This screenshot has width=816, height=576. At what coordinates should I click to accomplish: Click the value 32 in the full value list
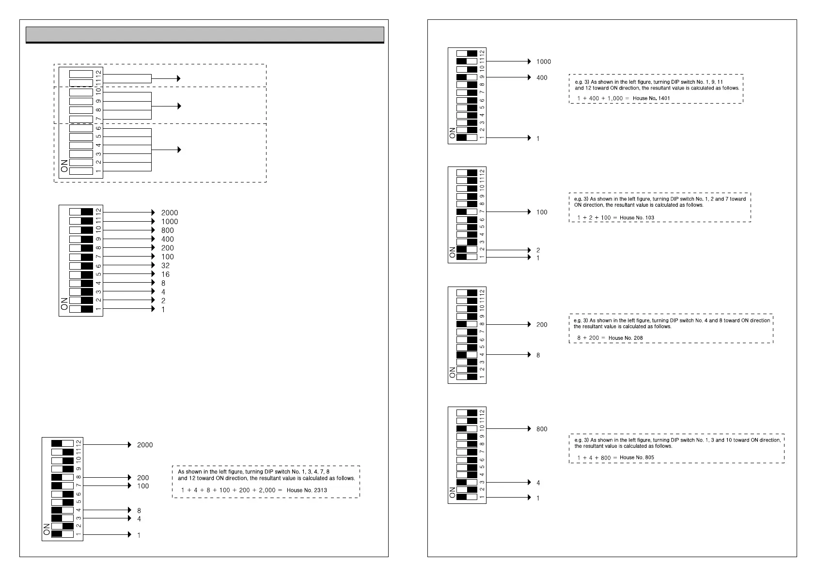click(x=165, y=266)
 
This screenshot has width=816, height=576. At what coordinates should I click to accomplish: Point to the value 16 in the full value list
click(x=165, y=274)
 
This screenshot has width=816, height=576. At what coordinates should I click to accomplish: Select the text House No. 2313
click(x=307, y=490)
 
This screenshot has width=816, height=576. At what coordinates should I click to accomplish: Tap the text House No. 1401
click(x=652, y=98)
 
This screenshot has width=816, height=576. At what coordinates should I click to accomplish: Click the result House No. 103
click(x=637, y=218)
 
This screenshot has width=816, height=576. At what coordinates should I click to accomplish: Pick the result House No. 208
click(x=626, y=338)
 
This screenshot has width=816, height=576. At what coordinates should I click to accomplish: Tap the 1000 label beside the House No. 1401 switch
click(x=543, y=62)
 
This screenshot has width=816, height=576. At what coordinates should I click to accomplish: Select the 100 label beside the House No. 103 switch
click(x=542, y=212)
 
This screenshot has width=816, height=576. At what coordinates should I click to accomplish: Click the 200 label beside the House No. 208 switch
click(x=542, y=325)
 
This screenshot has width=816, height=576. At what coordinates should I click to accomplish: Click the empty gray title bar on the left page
click(x=204, y=34)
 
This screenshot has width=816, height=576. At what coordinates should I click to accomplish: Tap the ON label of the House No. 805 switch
click(x=453, y=493)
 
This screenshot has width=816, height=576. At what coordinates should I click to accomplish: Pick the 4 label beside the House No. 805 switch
click(x=538, y=483)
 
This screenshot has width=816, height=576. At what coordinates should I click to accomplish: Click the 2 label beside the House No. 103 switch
click(x=538, y=250)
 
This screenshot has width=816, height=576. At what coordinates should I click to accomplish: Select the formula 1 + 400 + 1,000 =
click(x=603, y=98)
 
